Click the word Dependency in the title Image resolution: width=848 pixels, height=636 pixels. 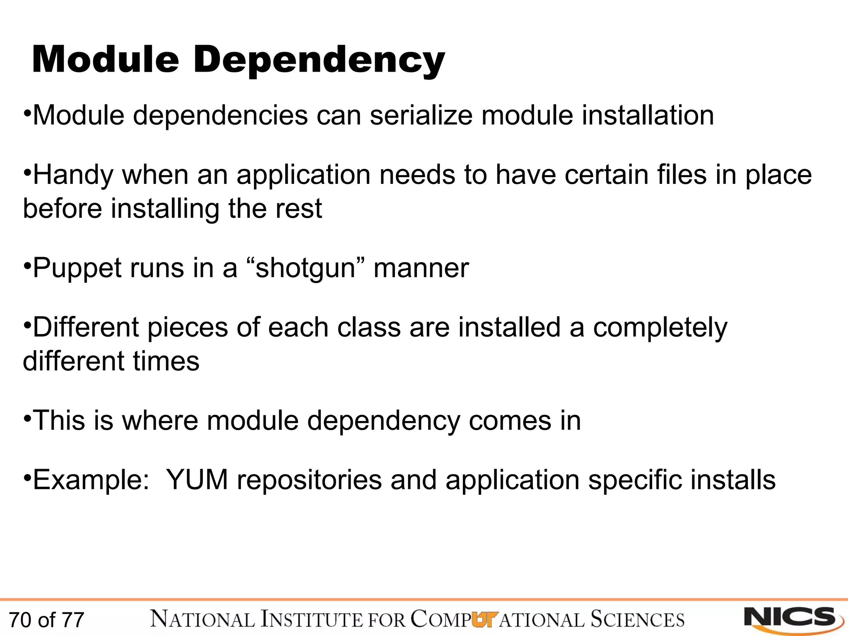click(x=319, y=60)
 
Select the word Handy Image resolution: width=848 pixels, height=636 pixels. click(x=73, y=175)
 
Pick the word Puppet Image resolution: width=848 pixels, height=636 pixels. click(x=77, y=268)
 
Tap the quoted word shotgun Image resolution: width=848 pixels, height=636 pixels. click(x=306, y=268)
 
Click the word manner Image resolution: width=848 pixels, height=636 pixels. click(x=421, y=268)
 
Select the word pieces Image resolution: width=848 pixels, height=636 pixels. click(x=188, y=327)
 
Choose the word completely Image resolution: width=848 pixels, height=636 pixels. click(x=660, y=328)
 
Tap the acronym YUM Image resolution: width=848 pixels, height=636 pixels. click(x=197, y=480)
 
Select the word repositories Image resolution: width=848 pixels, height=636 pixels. click(x=309, y=481)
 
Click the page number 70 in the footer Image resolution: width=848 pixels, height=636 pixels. click(x=20, y=620)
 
